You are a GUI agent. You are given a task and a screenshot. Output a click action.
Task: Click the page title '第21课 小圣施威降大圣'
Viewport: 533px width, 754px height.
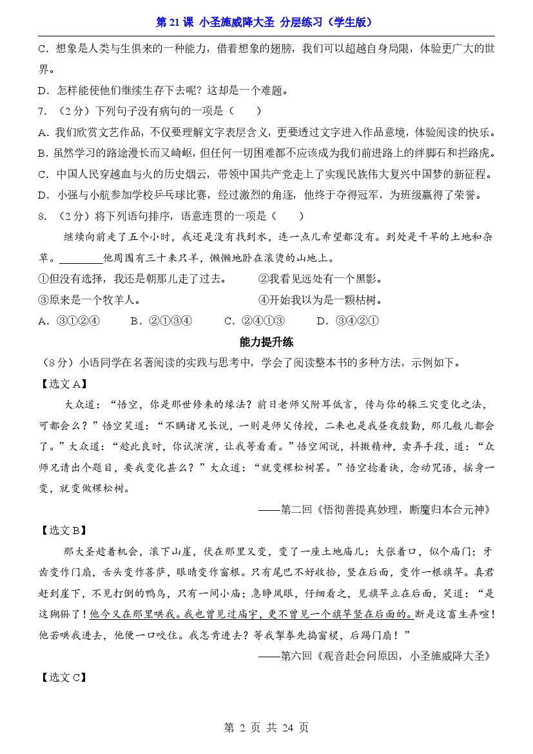265,22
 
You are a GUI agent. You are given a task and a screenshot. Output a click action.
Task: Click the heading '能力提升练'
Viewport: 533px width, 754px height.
266,342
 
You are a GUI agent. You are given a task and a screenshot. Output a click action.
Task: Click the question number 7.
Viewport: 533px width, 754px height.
42,111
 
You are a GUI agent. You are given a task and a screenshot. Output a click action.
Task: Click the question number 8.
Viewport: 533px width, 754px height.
42,216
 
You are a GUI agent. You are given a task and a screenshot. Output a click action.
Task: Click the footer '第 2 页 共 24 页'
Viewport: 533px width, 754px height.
266,728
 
